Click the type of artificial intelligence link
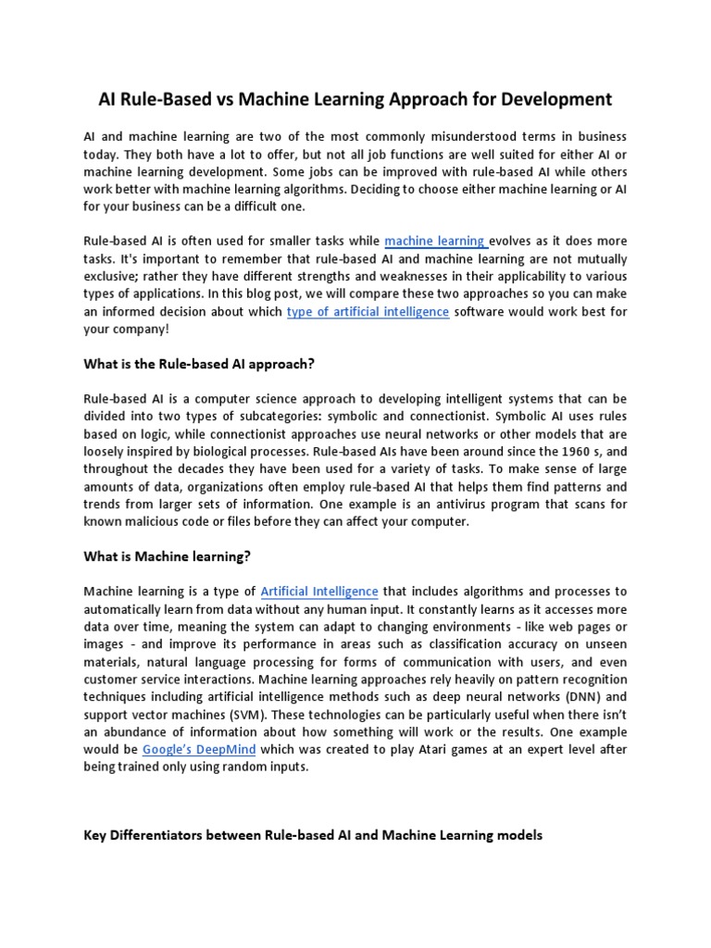click(368, 312)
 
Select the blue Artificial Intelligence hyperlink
click(319, 591)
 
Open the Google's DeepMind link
click(199, 749)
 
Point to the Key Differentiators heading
click(313, 835)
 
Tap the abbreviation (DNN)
click(575, 696)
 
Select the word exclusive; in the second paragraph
click(113, 276)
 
